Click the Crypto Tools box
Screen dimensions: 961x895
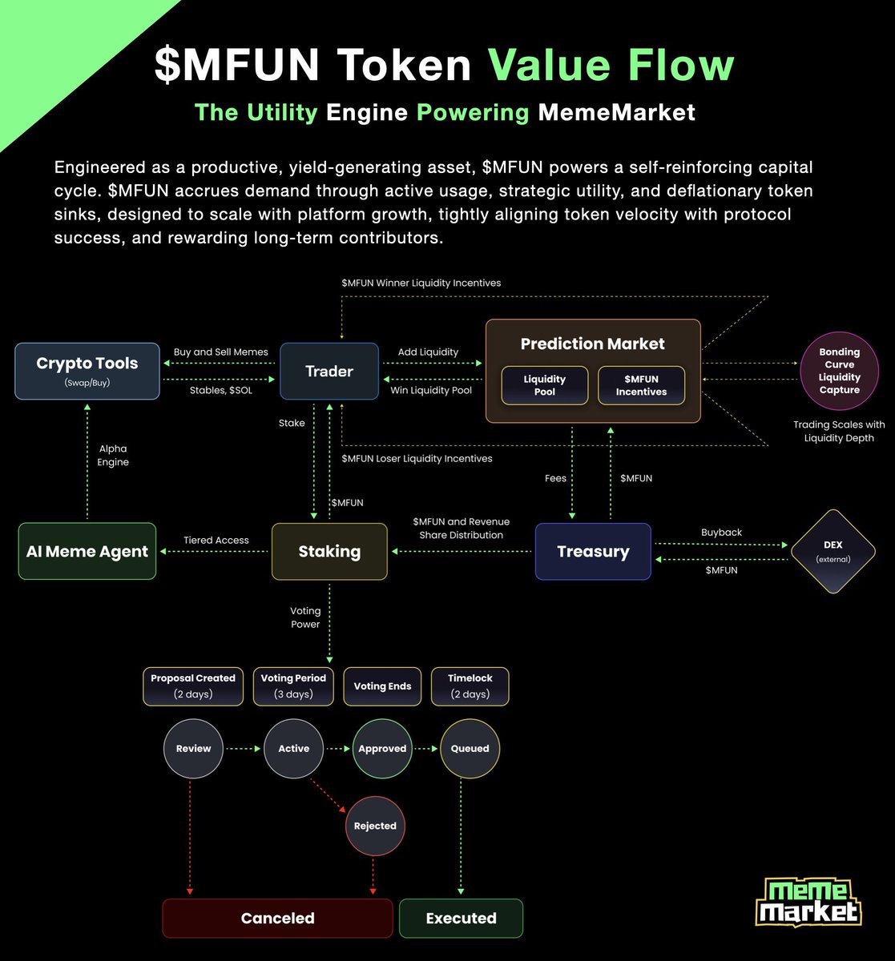click(87, 371)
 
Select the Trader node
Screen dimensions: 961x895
click(329, 371)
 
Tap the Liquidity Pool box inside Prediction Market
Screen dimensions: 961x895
click(544, 385)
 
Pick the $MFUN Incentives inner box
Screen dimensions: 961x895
click(641, 385)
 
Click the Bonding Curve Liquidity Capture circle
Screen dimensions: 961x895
click(839, 371)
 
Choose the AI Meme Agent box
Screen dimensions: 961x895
click(87, 551)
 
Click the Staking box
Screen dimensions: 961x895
click(329, 551)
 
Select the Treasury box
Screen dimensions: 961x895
click(593, 551)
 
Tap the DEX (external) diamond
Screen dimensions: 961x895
click(833, 551)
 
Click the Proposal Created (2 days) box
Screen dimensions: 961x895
click(193, 686)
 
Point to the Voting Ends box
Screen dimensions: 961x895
click(382, 686)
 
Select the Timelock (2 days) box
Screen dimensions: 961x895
click(470, 686)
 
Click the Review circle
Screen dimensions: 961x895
click(193, 749)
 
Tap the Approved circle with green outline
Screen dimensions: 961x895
click(382, 749)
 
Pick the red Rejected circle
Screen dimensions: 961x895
click(375, 826)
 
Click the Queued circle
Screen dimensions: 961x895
click(470, 749)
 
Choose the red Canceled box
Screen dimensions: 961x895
click(277, 918)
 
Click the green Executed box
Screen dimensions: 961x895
click(461, 918)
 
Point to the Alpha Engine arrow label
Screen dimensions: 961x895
click(113, 456)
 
